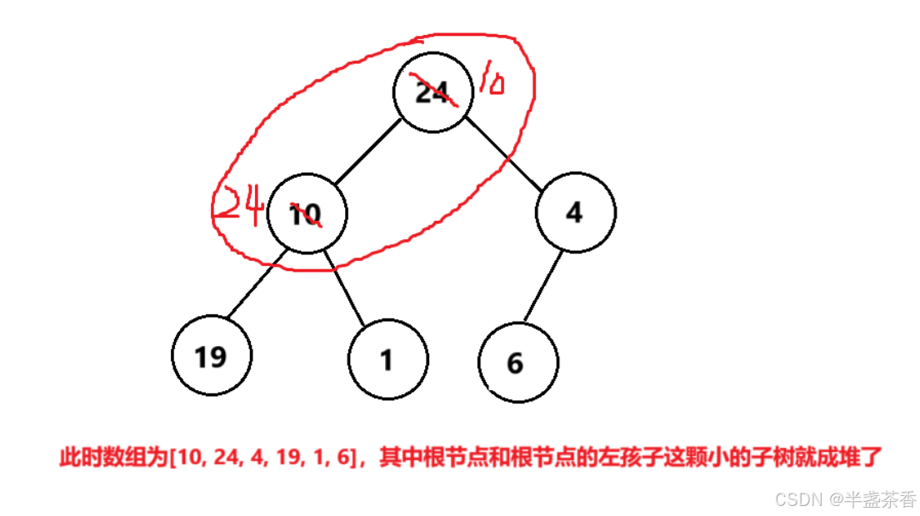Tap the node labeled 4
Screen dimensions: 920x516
(575, 212)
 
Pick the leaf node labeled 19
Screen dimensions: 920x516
(211, 356)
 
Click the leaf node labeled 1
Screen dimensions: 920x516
(387, 360)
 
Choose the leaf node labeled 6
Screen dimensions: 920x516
(517, 363)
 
